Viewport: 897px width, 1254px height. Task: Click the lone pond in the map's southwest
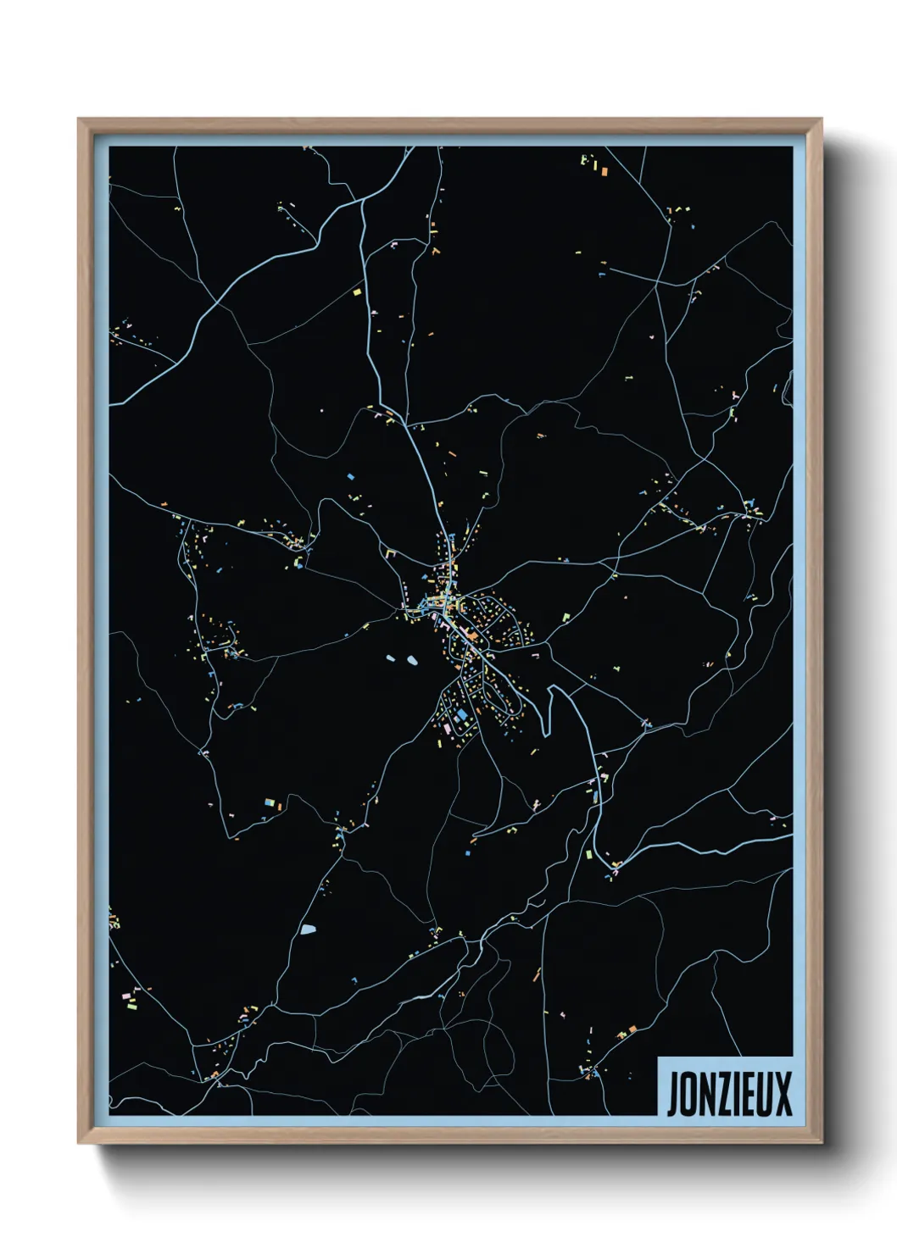tap(308, 930)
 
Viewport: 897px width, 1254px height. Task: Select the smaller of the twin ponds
tap(391, 658)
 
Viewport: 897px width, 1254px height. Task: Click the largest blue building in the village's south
tap(460, 716)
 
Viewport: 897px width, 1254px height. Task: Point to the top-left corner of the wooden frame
tap(79, 120)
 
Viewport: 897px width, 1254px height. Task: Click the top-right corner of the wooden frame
tap(821, 120)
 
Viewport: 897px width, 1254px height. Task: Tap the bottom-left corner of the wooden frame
tap(79, 1142)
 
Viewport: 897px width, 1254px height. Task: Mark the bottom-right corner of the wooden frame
tap(821, 1142)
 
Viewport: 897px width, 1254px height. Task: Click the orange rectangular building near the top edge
tap(605, 171)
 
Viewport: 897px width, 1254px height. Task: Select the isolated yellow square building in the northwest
tap(357, 292)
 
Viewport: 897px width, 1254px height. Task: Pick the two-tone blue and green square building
tap(269, 802)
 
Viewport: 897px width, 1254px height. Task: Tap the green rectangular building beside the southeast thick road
tap(588, 854)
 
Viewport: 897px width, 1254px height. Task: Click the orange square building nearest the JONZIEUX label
tap(632, 1029)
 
